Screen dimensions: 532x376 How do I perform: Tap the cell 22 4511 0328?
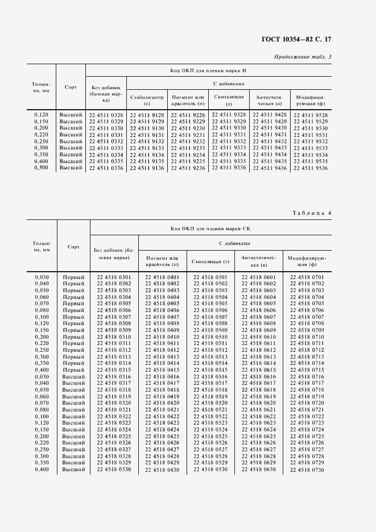[x=106, y=115]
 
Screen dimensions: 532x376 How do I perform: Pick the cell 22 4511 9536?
[x=311, y=168]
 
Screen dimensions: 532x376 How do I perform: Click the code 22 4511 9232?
[x=188, y=142]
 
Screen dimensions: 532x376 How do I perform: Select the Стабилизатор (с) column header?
[x=147, y=101]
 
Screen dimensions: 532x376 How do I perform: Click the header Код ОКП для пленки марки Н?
[x=208, y=70]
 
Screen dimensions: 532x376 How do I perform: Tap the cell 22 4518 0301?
[x=114, y=277]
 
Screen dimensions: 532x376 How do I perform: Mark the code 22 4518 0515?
[x=210, y=371]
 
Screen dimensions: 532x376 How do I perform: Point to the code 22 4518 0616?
[x=259, y=377]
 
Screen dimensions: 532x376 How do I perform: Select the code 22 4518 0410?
[x=162, y=337]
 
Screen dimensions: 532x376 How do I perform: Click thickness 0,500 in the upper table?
[x=41, y=168]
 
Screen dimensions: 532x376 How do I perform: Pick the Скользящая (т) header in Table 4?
[x=210, y=261]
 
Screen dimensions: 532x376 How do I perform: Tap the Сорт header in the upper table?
[x=71, y=86]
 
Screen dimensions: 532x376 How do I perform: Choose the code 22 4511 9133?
[x=147, y=148]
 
